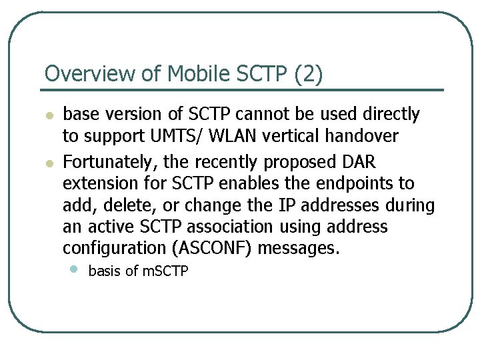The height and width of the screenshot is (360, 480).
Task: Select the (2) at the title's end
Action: (308, 74)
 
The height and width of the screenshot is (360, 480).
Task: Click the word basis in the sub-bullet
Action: (103, 271)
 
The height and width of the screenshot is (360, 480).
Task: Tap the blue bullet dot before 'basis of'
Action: (73, 269)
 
